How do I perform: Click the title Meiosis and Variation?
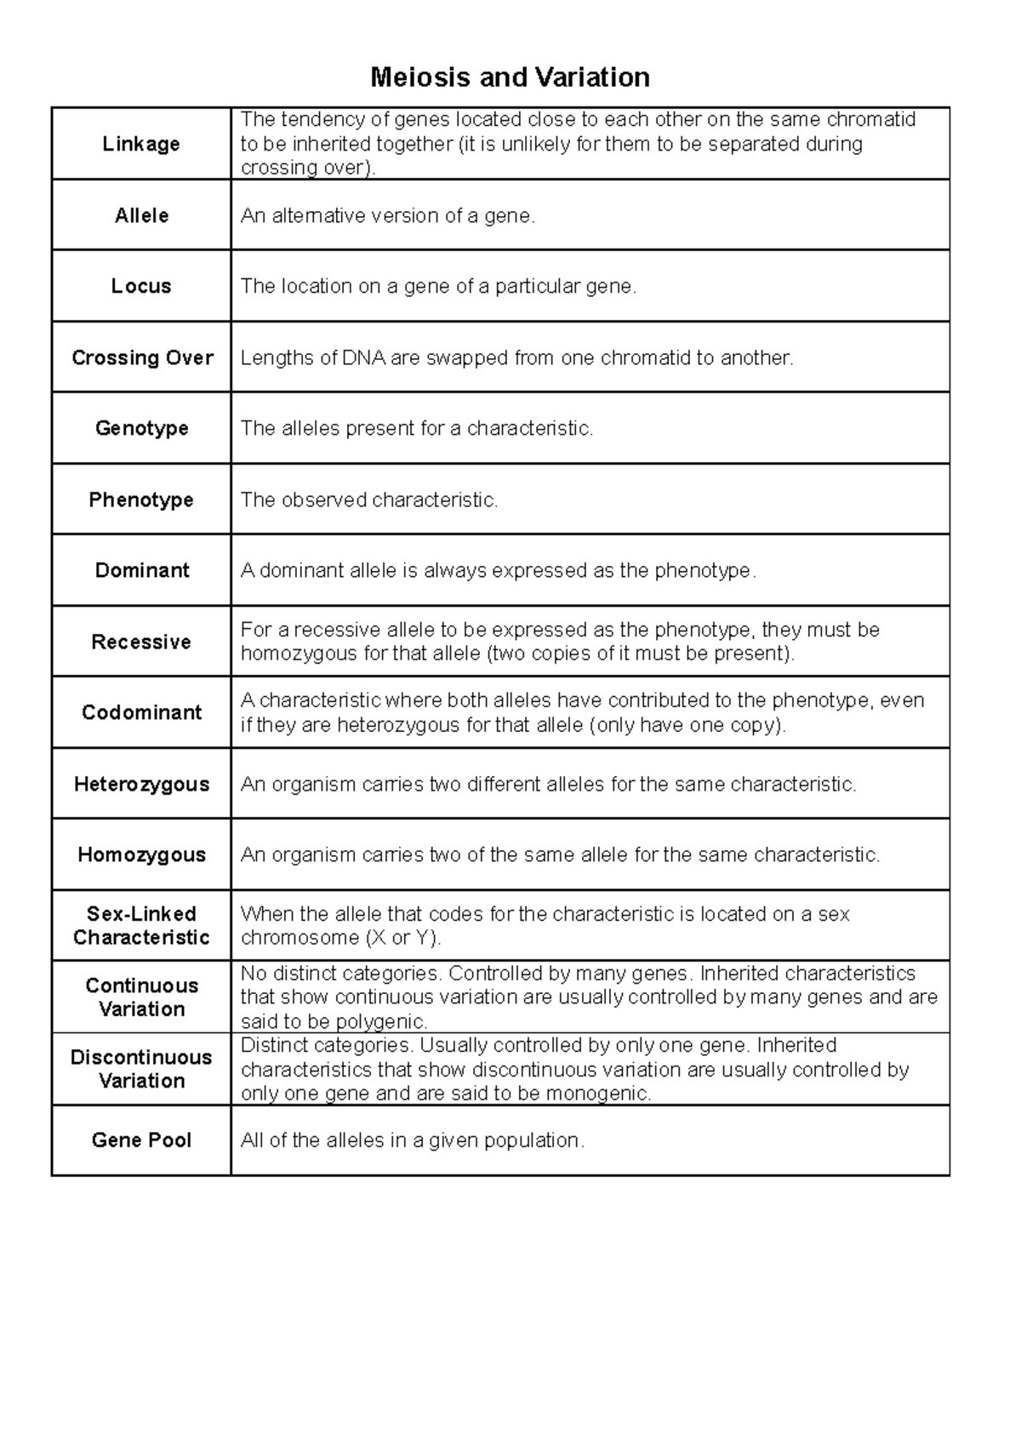510,77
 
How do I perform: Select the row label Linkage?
141,144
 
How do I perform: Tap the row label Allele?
141,215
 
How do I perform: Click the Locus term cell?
141,286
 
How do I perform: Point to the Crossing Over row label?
142,357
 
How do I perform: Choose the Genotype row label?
141,428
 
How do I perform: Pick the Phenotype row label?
141,500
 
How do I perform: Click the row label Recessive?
141,642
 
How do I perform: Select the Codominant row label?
141,712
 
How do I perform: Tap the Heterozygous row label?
141,784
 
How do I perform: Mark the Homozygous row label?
141,854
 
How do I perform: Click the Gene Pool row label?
141,1140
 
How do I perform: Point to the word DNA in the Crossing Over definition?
363,358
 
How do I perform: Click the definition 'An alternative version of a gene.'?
388,216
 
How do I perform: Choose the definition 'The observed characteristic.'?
369,500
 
